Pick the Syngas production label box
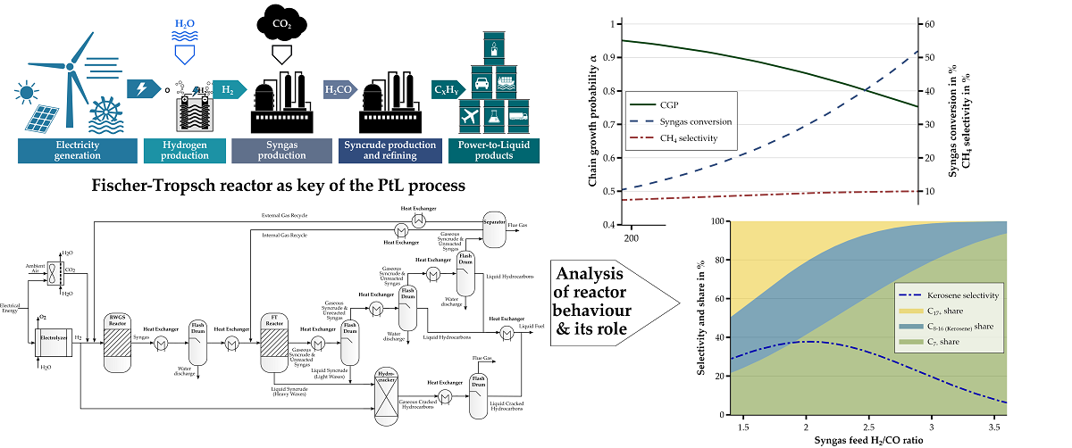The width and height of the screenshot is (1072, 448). (x=280, y=151)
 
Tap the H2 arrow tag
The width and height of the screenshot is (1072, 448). (x=230, y=89)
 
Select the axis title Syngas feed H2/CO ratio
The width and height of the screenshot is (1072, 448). (x=869, y=441)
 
